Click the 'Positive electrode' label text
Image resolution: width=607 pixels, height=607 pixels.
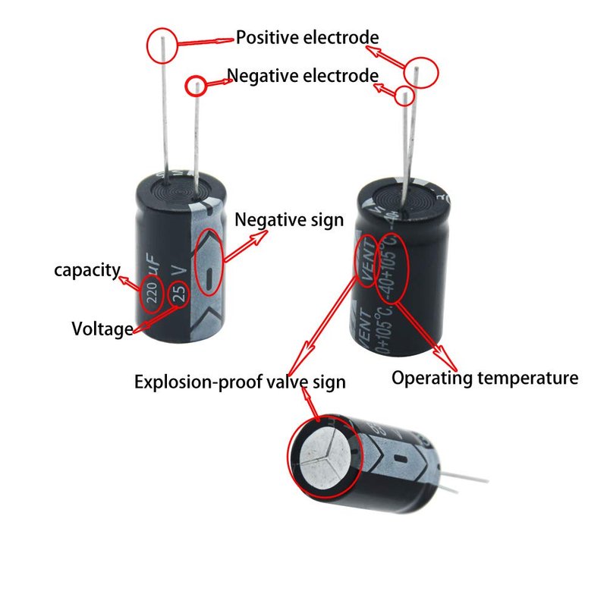tap(307, 37)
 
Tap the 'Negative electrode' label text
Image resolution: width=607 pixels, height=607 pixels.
tap(302, 76)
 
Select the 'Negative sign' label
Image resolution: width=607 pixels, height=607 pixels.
tap(288, 220)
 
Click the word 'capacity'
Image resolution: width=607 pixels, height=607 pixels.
tap(86, 269)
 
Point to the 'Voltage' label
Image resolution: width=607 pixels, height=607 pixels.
tap(102, 329)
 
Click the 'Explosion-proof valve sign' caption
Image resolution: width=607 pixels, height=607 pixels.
tap(240, 382)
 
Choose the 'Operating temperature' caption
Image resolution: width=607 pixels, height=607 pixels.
tap(485, 378)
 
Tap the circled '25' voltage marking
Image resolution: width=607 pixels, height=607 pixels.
tap(179, 293)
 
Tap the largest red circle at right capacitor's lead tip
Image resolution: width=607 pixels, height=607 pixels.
tap(421, 72)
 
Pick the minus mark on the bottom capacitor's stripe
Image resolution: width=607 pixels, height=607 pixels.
tap(401, 460)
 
